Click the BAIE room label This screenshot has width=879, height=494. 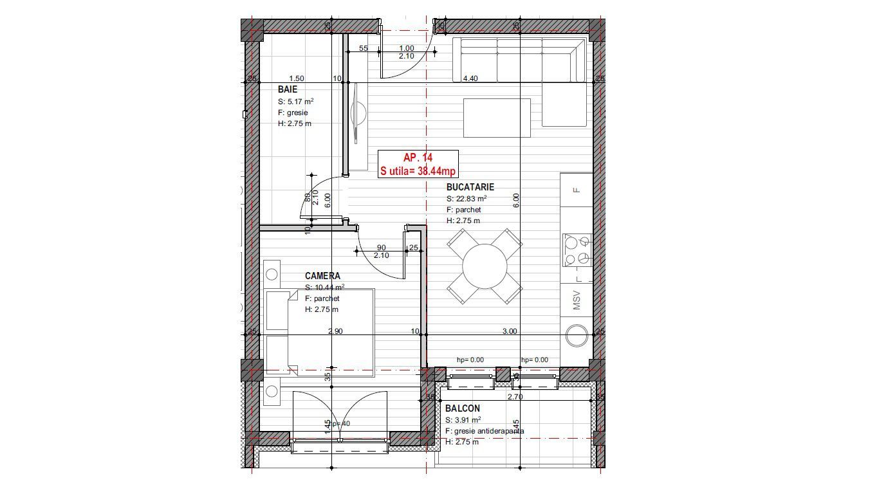tap(288, 89)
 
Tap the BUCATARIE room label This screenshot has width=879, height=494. tap(470, 187)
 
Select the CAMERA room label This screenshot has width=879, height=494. tap(322, 276)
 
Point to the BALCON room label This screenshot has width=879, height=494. tap(462, 408)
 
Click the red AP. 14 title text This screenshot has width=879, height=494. tap(418, 158)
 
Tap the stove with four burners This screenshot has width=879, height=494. tap(577, 250)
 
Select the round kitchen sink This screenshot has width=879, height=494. tap(577, 336)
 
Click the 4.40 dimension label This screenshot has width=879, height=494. tap(470, 78)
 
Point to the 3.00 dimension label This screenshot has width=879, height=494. tap(509, 331)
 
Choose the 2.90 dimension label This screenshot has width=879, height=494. tap(335, 331)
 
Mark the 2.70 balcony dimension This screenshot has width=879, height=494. tap(515, 397)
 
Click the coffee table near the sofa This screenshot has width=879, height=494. tap(497, 118)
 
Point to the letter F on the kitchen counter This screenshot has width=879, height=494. tap(577, 190)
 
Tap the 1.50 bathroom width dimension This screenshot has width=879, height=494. tap(297, 78)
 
